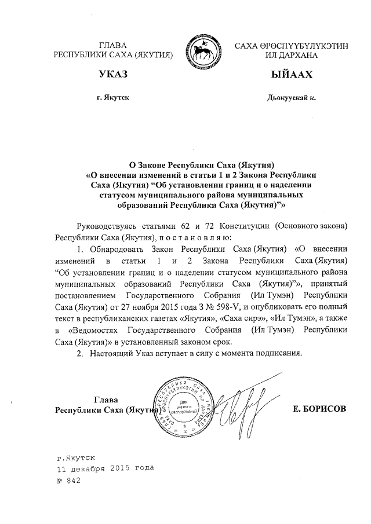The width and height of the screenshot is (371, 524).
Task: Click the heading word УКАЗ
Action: point(113,76)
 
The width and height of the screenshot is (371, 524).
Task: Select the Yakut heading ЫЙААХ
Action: point(291,76)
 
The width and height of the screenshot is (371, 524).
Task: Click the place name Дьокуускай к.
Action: point(292,98)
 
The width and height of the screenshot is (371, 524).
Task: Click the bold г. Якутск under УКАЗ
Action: point(113,98)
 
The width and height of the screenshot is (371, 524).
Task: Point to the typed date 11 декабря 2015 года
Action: point(104,468)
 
